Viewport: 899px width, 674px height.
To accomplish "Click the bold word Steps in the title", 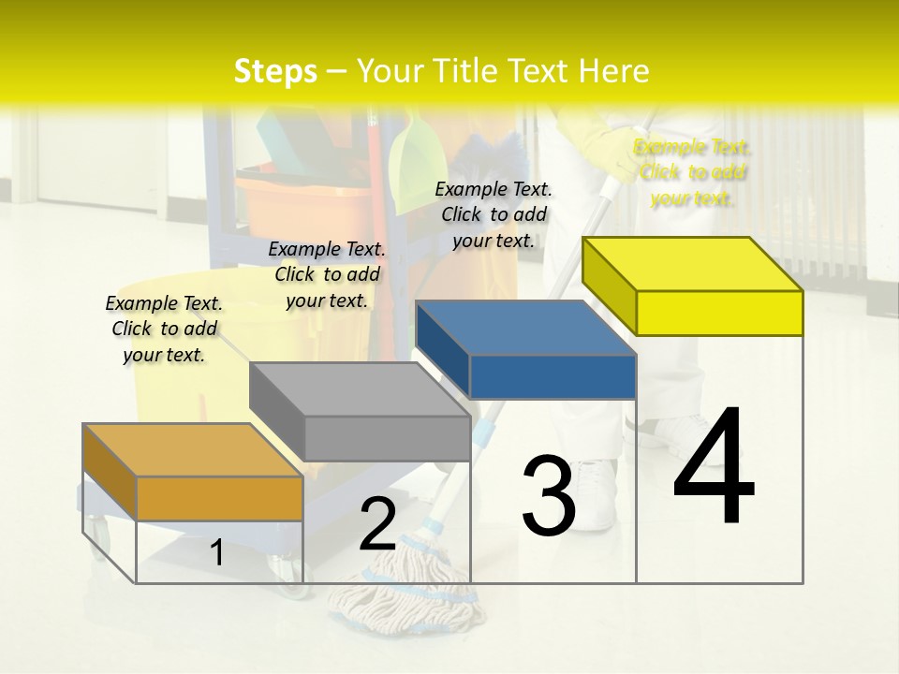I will pyautogui.click(x=275, y=71).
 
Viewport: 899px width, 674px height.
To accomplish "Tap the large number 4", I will pyautogui.click(x=714, y=468).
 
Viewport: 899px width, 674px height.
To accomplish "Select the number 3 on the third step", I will pyautogui.click(x=548, y=495).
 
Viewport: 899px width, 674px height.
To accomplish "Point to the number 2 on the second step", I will pyautogui.click(x=377, y=525).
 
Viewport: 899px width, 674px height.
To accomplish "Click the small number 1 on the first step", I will pyautogui.click(x=216, y=552).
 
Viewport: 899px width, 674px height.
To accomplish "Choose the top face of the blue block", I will pyautogui.click(x=525, y=328).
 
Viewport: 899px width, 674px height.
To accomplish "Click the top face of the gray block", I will pyautogui.click(x=360, y=388).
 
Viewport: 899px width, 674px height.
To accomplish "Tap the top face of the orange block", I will pyautogui.click(x=192, y=450).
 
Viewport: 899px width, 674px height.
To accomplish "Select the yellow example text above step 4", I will pyautogui.click(x=693, y=172).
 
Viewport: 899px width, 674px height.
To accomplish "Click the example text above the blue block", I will pyautogui.click(x=494, y=214).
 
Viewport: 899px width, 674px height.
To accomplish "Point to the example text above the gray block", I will pyautogui.click(x=327, y=274).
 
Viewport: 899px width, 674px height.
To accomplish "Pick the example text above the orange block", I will pyautogui.click(x=164, y=329).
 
